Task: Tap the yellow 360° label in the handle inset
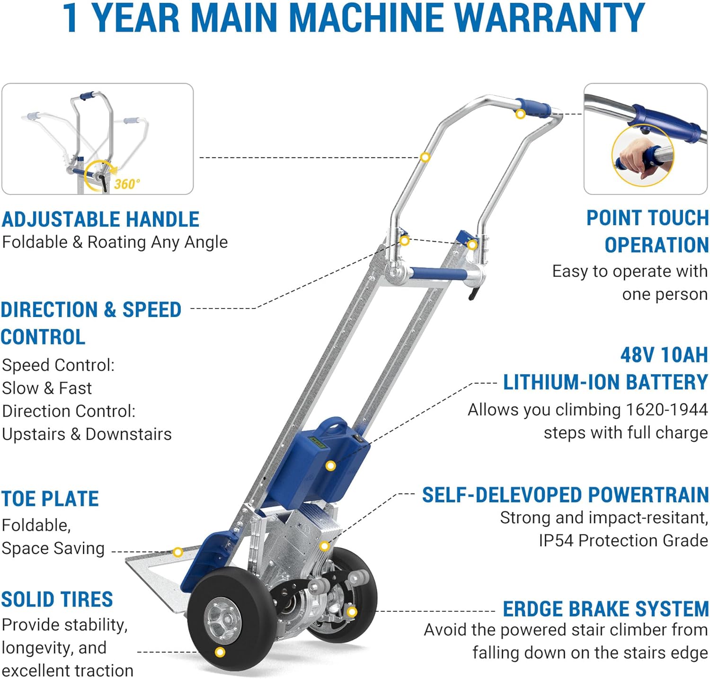tap(127, 184)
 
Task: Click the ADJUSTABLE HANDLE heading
tap(100, 220)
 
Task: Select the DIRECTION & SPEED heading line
tap(91, 310)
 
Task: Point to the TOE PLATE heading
tap(50, 499)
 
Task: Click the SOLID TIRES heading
tap(57, 600)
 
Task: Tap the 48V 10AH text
tap(664, 355)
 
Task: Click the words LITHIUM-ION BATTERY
tap(605, 382)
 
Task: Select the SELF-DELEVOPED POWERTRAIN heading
tap(565, 495)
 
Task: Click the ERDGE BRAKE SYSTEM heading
tap(605, 609)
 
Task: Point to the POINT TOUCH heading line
tap(648, 218)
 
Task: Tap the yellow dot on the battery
tap(331, 466)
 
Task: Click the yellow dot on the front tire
tap(220, 653)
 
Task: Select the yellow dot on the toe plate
tap(178, 552)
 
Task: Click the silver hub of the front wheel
tap(223, 620)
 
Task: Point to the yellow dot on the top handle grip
tap(520, 114)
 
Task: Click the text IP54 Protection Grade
tap(623, 540)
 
